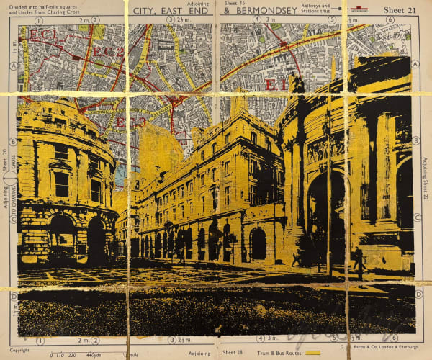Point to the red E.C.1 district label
[x=43, y=35]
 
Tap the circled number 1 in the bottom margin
[x=40, y=341]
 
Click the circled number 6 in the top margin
[x=390, y=19]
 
